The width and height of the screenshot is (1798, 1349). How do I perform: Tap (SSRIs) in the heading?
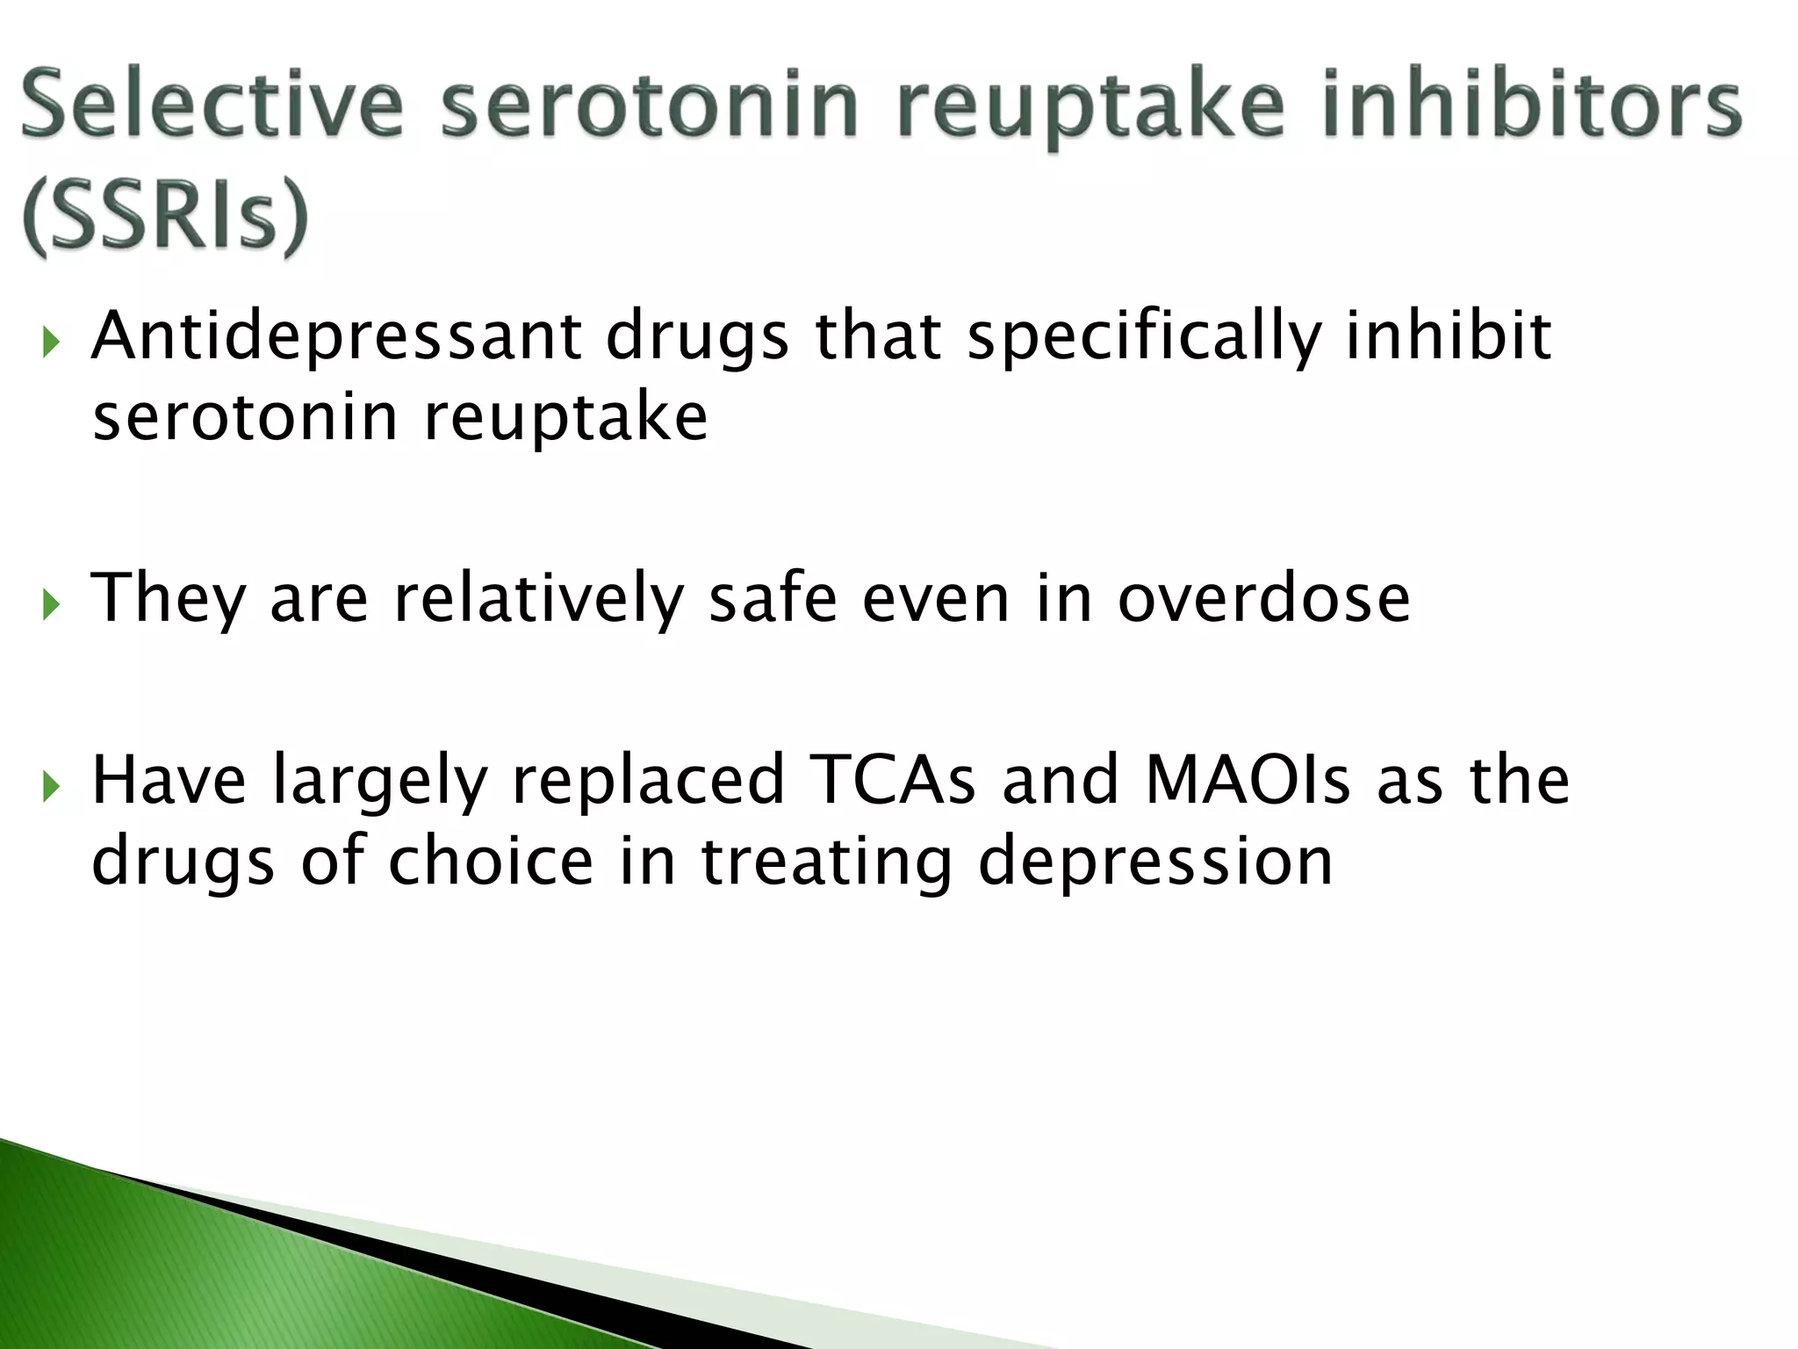pyautogui.click(x=166, y=217)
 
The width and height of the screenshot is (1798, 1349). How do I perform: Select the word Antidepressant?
pyautogui.click(x=336, y=336)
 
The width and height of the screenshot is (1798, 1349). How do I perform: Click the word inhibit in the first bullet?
pyautogui.click(x=1449, y=336)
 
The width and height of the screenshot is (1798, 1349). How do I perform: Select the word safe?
pyautogui.click(x=773, y=598)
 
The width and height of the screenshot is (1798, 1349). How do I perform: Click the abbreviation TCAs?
pyautogui.click(x=892, y=779)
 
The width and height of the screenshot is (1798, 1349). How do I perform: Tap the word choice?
pyautogui.click(x=491, y=861)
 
